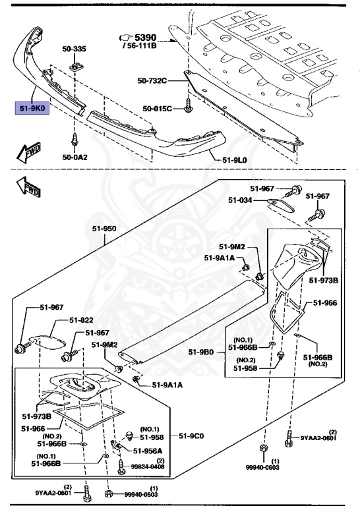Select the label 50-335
coord(75,49)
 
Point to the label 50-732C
coord(152,81)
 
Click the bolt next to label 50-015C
coord(189,105)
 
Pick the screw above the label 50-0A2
coord(75,140)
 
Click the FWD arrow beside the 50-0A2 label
coord(29,154)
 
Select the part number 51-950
coord(104,228)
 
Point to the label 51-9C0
coord(192,436)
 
